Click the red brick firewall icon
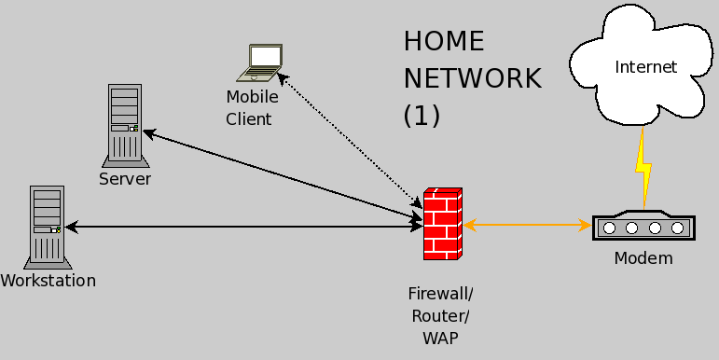click(x=443, y=224)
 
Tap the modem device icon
click(x=643, y=226)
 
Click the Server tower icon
click(x=123, y=125)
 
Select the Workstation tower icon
click(x=46, y=226)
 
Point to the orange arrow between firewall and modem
click(x=527, y=225)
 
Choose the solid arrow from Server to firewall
click(x=280, y=176)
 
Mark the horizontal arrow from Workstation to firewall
click(x=242, y=228)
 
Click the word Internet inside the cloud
click(x=645, y=66)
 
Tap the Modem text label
click(x=643, y=258)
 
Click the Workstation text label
click(x=48, y=280)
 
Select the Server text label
click(x=125, y=178)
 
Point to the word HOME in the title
click(x=444, y=42)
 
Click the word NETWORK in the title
click(x=472, y=78)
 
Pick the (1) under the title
click(x=422, y=116)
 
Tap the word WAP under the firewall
click(x=441, y=338)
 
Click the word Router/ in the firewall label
click(x=441, y=315)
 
